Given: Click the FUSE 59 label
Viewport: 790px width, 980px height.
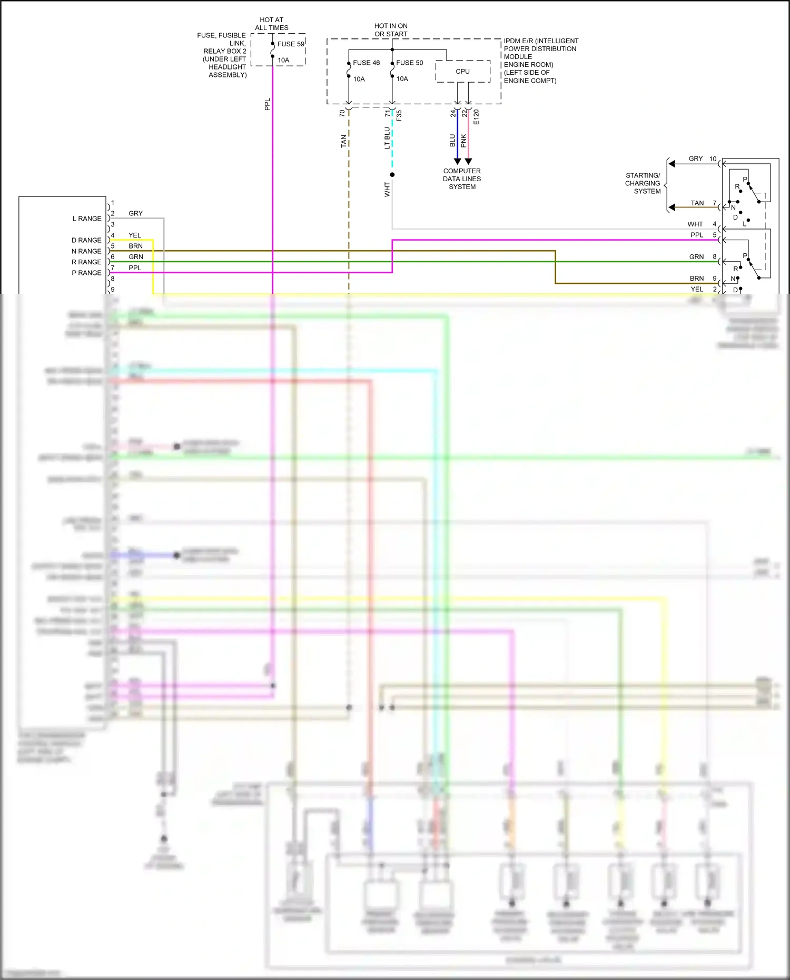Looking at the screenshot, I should tap(290, 44).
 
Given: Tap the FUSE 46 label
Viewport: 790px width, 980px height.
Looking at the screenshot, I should tap(366, 63).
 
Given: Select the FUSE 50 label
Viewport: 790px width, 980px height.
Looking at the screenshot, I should tap(409, 63).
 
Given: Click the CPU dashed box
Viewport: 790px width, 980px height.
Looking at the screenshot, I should tap(462, 72).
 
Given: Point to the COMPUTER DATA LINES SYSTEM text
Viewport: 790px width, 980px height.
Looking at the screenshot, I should tap(462, 179).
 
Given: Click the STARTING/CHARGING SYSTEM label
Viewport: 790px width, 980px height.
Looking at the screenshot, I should tap(643, 183).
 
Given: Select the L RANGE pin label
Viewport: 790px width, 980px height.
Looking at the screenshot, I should tap(87, 219).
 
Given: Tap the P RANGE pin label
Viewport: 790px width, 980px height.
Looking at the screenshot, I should tap(86, 273).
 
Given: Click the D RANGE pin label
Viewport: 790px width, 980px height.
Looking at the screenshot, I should tap(86, 240).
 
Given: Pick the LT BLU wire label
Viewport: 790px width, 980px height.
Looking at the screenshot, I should tap(387, 138).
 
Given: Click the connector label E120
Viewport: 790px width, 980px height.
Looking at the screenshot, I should tap(476, 117).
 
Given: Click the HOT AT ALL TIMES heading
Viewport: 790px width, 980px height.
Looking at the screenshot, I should tap(272, 24).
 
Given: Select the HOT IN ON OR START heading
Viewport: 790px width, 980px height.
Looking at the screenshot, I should tap(391, 30).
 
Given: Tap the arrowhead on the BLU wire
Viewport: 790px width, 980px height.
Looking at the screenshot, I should tap(457, 161).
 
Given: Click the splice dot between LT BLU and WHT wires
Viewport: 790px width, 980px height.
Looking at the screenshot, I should tap(392, 175).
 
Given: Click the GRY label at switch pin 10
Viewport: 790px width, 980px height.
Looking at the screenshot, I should tap(695, 159).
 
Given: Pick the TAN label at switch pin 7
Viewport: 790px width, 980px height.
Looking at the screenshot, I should tap(697, 203).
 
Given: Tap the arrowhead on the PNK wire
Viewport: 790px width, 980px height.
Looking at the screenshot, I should tap(468, 161).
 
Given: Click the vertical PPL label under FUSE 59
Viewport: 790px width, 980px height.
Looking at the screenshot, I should tap(267, 104).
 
